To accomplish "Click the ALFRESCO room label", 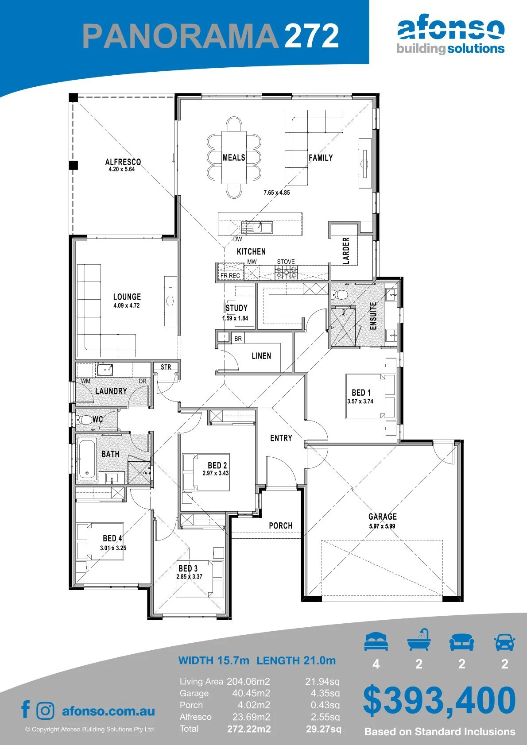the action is click(123, 162).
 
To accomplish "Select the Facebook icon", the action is click(26, 709).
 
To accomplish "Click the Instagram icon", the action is click(45, 710).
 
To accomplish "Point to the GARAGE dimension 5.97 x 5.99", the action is click(382, 526).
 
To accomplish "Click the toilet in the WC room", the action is click(85, 420).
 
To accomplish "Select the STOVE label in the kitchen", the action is click(286, 262).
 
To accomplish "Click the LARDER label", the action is click(346, 251).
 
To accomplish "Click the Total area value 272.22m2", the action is click(249, 729).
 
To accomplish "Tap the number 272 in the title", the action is click(312, 36).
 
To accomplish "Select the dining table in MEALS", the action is click(234, 157).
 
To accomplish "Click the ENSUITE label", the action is click(373, 316).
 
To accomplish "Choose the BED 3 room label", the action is click(188, 568).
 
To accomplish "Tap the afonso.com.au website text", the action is click(108, 711).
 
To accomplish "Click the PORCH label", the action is click(280, 526).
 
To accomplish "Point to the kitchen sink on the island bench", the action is click(262, 228).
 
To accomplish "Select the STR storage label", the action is click(166, 367).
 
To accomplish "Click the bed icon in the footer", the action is click(376, 641).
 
